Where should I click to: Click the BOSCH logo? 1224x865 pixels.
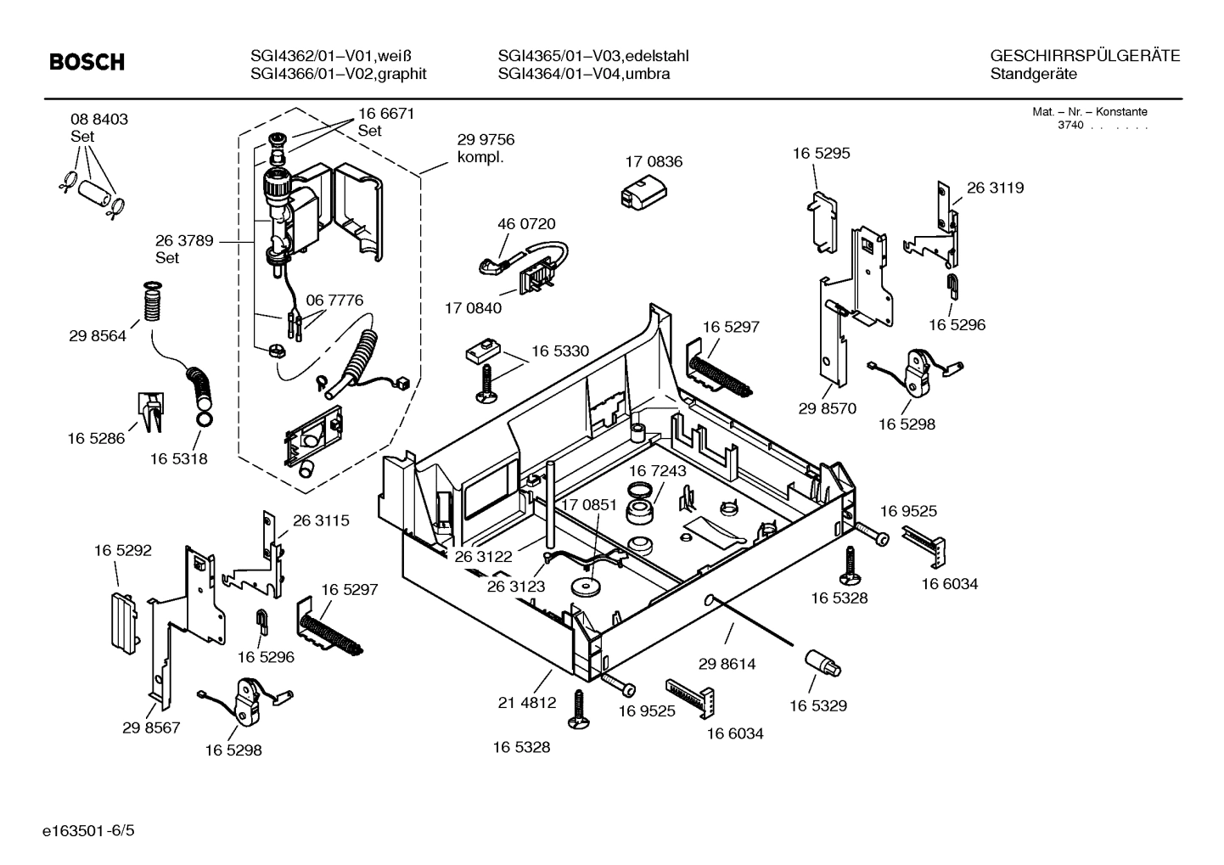click(x=87, y=63)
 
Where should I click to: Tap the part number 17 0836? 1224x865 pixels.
click(x=654, y=161)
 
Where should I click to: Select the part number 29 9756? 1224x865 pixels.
click(x=486, y=140)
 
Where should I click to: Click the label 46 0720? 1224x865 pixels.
click(x=526, y=224)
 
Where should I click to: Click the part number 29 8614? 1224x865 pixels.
click(x=727, y=663)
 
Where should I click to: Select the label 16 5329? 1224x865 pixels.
click(x=818, y=705)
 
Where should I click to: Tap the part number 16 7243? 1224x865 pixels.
click(x=658, y=470)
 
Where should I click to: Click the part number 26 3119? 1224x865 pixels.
click(x=995, y=188)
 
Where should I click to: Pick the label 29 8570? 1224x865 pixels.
click(x=827, y=408)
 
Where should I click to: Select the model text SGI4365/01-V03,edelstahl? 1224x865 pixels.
click(x=593, y=56)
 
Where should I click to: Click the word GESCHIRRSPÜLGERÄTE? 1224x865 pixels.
click(x=1085, y=56)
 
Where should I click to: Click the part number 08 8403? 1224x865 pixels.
click(x=99, y=120)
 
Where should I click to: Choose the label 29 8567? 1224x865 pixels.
click(x=151, y=727)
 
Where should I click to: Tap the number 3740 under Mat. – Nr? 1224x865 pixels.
click(x=1070, y=126)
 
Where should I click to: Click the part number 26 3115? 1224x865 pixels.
click(x=321, y=520)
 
